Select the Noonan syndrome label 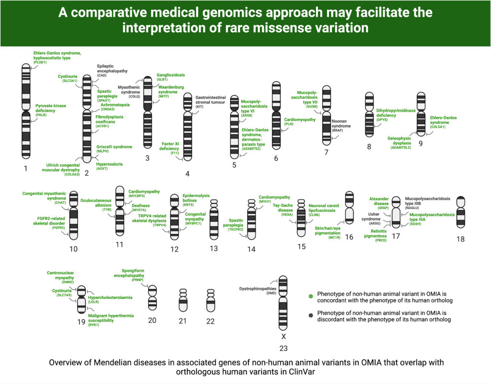[x=342, y=123]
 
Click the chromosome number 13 [x=214, y=248]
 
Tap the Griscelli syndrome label [x=114, y=147]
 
